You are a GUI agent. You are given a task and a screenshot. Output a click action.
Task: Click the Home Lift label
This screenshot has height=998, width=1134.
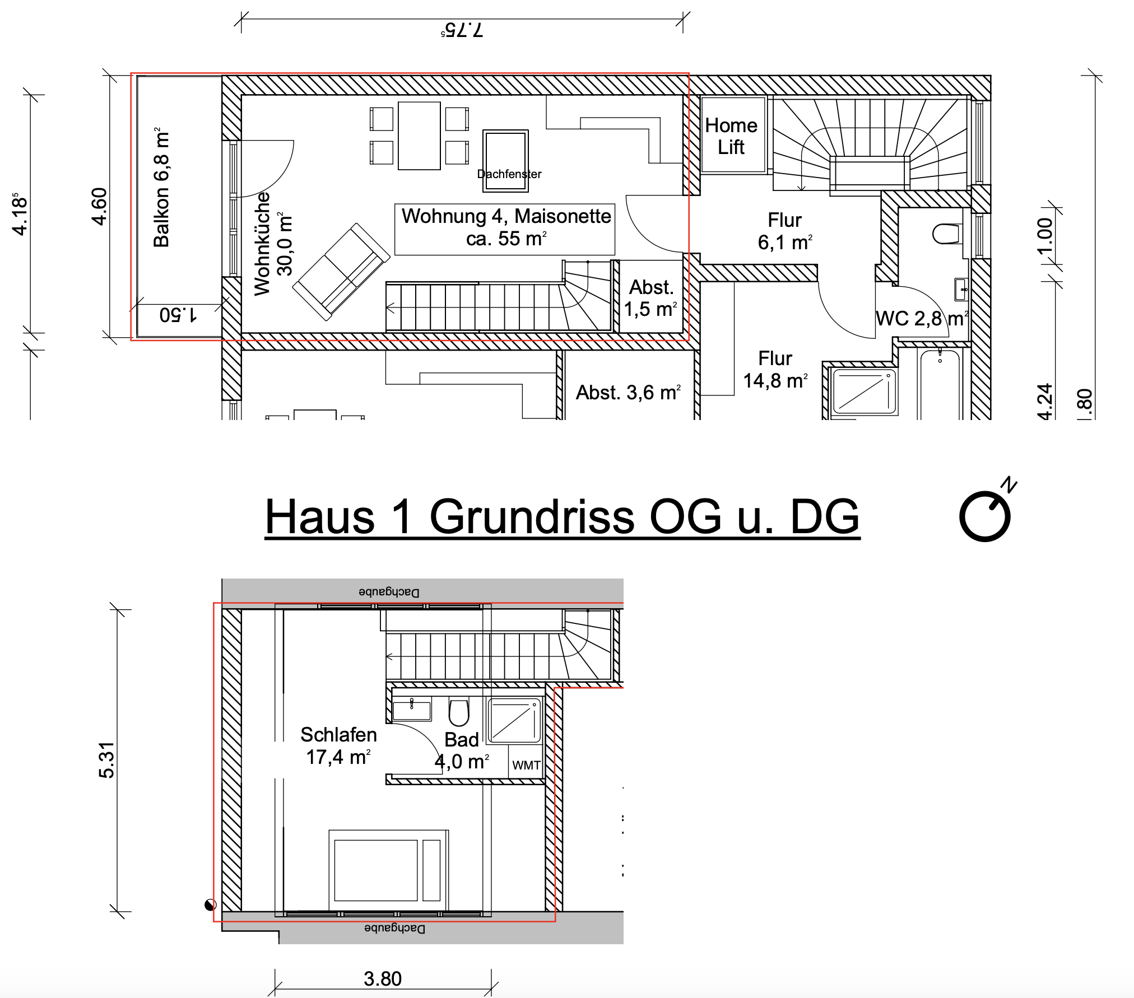(x=731, y=136)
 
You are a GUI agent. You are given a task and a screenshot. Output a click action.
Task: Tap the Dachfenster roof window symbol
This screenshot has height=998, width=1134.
(x=505, y=161)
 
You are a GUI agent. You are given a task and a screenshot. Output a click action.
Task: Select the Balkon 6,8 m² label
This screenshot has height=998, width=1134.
(x=161, y=187)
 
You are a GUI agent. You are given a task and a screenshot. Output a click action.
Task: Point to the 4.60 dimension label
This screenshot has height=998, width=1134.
(x=99, y=206)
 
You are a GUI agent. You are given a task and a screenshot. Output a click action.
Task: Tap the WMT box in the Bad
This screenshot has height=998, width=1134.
(x=526, y=761)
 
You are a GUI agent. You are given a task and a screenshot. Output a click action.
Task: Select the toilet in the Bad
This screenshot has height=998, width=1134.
(x=459, y=712)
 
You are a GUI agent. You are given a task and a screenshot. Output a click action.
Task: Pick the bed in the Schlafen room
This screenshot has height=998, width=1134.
(x=388, y=870)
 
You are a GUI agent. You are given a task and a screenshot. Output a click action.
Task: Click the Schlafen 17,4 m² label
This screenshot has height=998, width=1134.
(x=338, y=745)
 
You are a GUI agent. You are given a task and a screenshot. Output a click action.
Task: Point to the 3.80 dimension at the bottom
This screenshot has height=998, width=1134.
(x=383, y=978)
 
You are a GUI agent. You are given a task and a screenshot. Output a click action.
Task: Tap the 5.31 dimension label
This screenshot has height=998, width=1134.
(x=106, y=760)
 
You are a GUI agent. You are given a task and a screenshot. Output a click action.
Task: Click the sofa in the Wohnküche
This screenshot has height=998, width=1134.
(x=341, y=272)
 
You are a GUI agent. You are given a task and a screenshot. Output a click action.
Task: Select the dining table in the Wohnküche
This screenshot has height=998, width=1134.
(x=419, y=136)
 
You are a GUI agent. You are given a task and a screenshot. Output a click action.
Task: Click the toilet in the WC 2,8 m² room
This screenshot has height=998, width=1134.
(x=947, y=234)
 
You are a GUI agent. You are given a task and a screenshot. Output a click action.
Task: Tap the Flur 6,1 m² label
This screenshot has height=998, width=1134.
(x=784, y=231)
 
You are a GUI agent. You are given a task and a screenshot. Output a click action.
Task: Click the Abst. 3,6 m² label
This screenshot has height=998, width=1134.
(x=629, y=393)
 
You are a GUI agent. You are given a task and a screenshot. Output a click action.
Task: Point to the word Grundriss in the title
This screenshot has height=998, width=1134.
(x=532, y=516)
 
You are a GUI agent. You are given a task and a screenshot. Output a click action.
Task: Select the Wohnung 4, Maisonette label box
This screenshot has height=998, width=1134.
(x=505, y=230)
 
